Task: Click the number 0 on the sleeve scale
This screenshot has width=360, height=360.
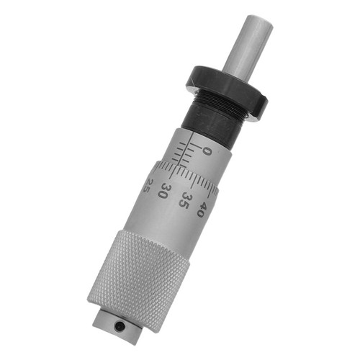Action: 207,152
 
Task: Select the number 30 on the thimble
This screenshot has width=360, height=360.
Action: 165,191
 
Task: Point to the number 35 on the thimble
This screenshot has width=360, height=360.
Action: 185,199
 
